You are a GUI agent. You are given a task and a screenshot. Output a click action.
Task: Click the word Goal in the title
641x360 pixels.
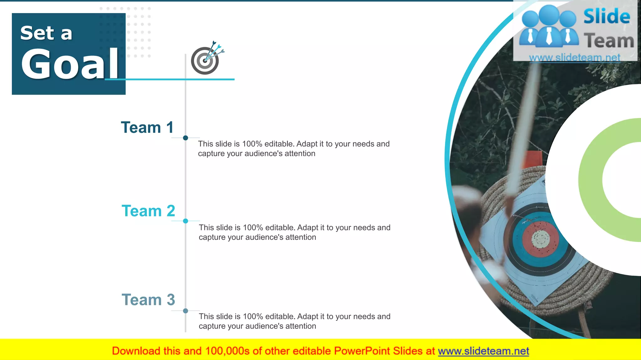[x=69, y=64]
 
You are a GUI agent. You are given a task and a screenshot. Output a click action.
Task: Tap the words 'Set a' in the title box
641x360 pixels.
[x=46, y=33]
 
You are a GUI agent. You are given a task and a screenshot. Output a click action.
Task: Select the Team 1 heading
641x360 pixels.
[x=147, y=127]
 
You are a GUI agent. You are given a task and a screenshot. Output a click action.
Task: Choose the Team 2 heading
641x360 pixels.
[x=148, y=211]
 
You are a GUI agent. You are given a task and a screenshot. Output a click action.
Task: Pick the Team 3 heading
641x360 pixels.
[x=148, y=300]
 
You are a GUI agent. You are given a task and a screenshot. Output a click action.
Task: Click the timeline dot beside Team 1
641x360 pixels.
[x=186, y=138]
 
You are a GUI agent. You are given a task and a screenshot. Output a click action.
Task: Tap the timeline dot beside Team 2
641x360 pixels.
[x=186, y=221]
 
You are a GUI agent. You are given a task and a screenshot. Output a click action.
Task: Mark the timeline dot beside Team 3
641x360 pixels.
[x=186, y=311]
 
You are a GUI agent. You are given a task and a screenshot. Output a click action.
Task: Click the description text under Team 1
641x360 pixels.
[x=294, y=149]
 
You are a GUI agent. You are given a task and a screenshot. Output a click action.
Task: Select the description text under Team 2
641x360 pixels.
[x=294, y=232]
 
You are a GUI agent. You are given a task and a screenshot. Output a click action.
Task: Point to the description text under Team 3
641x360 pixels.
[x=294, y=321]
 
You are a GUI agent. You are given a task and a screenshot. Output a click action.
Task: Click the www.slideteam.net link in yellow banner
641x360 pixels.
[x=483, y=351]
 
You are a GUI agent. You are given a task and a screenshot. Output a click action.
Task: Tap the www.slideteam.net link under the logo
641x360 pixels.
[x=575, y=58]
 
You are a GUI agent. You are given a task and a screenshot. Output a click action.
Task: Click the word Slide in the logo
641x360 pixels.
[x=607, y=17]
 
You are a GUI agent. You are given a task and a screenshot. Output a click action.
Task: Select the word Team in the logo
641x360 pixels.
[x=609, y=41]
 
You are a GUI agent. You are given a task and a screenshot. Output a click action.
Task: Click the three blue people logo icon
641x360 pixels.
[x=549, y=27]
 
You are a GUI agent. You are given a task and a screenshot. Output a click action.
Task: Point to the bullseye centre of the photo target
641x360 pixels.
[x=541, y=239]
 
